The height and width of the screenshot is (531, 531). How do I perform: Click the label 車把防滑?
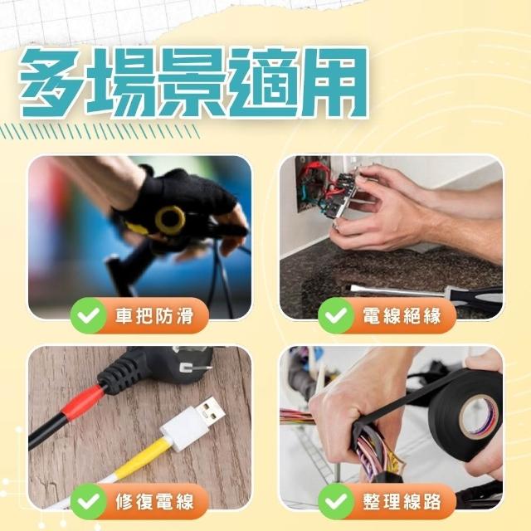tap(154, 315)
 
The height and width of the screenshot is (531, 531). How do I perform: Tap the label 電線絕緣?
tap(402, 315)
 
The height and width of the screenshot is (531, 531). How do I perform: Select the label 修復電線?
tap(154, 501)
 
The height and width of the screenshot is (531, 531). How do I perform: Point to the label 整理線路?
tap(402, 501)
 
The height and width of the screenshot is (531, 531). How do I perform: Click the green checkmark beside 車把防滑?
tap(89, 315)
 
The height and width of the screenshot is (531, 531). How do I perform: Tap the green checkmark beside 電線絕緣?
tap(336, 315)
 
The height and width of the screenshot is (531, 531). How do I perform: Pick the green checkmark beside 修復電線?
tap(89, 501)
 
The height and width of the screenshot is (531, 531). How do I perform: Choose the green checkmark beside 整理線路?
tap(336, 501)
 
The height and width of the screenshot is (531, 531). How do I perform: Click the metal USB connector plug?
tap(211, 412)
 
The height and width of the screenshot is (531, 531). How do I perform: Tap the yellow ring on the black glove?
tap(170, 220)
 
